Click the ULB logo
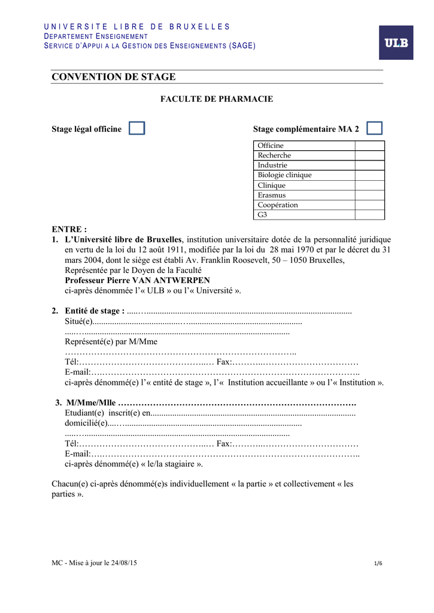[x=396, y=43]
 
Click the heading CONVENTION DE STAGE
[x=114, y=77]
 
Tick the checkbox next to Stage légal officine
[x=137, y=128]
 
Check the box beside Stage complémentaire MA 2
[x=375, y=128]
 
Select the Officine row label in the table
[x=271, y=145]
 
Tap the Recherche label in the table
[x=274, y=156]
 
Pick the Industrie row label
[x=272, y=165]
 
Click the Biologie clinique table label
[x=284, y=175]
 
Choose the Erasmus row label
[x=272, y=195]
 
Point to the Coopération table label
[x=278, y=205]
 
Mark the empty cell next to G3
[x=369, y=215]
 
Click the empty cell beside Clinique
[x=369, y=186]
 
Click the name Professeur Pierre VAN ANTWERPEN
[x=137, y=280]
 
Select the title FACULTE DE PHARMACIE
[x=216, y=99]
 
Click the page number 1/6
[x=378, y=564]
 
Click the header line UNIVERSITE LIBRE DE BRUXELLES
[x=137, y=27]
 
